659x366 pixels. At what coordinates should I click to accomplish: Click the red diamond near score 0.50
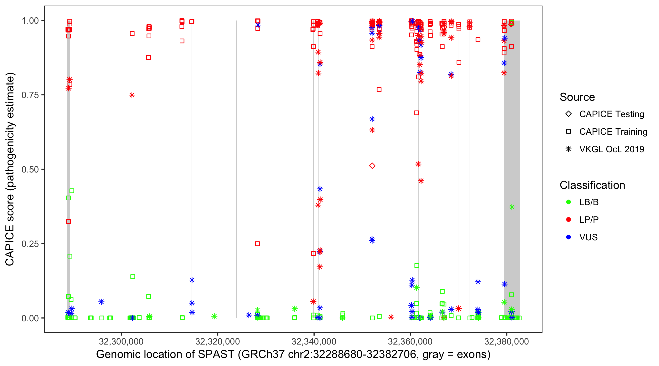pyautogui.click(x=372, y=166)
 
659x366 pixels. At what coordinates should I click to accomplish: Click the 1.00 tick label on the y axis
pyautogui.click(x=30, y=21)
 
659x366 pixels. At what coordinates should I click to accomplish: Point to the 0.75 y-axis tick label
pyautogui.click(x=30, y=95)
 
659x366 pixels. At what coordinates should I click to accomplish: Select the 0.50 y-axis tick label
pyautogui.click(x=30, y=169)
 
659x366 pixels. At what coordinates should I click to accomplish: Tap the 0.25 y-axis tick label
pyautogui.click(x=30, y=244)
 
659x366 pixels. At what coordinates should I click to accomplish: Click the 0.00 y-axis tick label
pyautogui.click(x=30, y=318)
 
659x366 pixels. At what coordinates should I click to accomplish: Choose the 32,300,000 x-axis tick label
pyautogui.click(x=121, y=341)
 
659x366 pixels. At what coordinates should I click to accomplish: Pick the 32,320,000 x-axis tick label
pyautogui.click(x=217, y=341)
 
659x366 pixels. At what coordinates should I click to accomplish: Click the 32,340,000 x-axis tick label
pyautogui.click(x=314, y=341)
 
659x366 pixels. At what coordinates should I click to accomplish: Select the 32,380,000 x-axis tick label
pyautogui.click(x=506, y=341)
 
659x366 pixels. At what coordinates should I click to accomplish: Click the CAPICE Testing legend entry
pyautogui.click(x=611, y=114)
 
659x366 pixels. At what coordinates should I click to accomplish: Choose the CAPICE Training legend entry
pyautogui.click(x=613, y=132)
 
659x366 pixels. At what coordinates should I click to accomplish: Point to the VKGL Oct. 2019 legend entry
pyautogui.click(x=611, y=149)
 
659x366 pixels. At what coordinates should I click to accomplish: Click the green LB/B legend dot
pyautogui.click(x=568, y=202)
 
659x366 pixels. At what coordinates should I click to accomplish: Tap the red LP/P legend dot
pyautogui.click(x=568, y=220)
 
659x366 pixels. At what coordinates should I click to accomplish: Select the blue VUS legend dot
pyautogui.click(x=568, y=237)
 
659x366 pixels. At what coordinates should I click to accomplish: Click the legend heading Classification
pyautogui.click(x=592, y=185)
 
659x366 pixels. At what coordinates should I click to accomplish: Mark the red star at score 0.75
pyautogui.click(x=132, y=95)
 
